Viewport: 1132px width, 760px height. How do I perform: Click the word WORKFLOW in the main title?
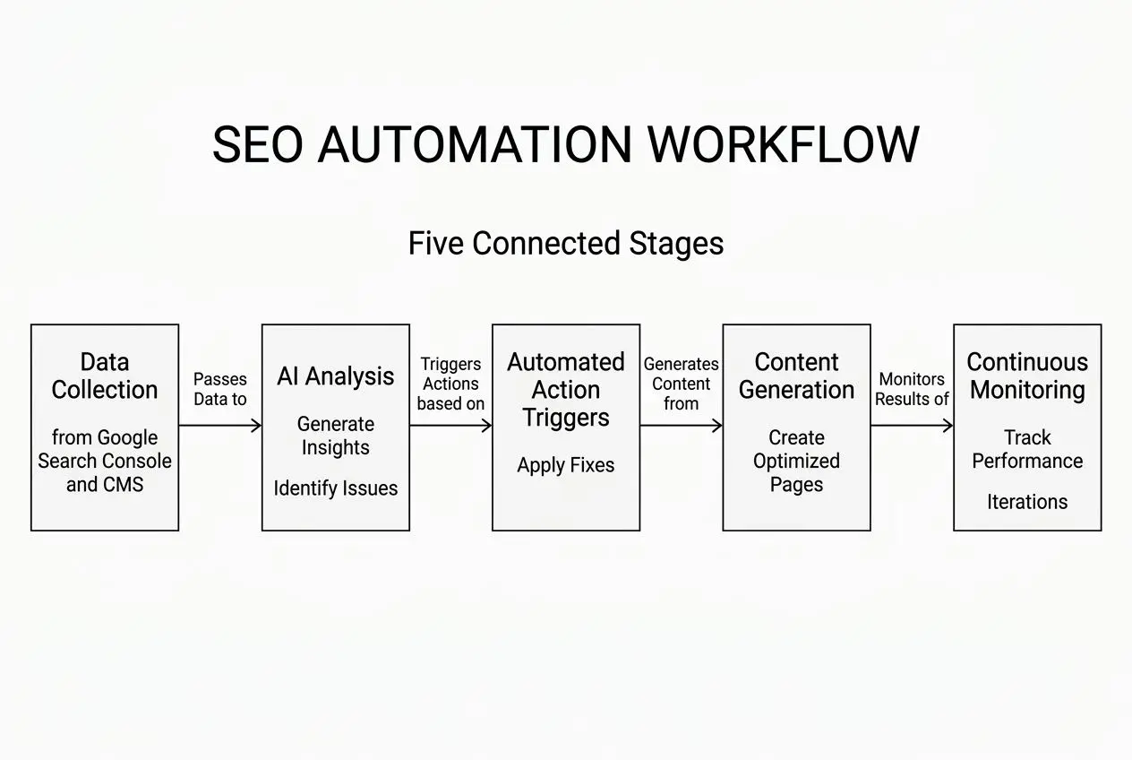(783, 145)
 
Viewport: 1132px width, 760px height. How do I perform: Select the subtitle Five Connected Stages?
(565, 244)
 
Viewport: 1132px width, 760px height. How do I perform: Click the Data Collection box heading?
(105, 376)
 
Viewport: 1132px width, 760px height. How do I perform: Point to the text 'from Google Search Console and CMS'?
(105, 462)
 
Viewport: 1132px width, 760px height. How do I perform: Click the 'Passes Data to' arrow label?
(220, 389)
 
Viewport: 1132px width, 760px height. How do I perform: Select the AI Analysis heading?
(336, 376)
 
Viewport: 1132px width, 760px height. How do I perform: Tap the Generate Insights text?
(336, 436)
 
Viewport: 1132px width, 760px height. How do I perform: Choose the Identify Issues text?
(336, 488)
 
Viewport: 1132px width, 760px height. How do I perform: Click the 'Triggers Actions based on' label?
(450, 384)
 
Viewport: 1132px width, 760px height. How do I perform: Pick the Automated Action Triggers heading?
(566, 390)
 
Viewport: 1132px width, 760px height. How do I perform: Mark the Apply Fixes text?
(566, 465)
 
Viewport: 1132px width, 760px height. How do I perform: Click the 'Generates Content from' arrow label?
(681, 384)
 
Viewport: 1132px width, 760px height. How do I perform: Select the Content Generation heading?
(796, 376)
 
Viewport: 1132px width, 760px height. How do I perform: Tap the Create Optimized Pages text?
(796, 462)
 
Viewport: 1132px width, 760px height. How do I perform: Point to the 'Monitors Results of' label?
(912, 389)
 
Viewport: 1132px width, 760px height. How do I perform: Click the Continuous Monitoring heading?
(1027, 376)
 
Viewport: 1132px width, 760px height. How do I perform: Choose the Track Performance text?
(1027, 449)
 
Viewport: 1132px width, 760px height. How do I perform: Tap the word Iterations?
(1027, 502)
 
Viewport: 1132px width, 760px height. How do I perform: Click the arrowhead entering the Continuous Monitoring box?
(948, 426)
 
